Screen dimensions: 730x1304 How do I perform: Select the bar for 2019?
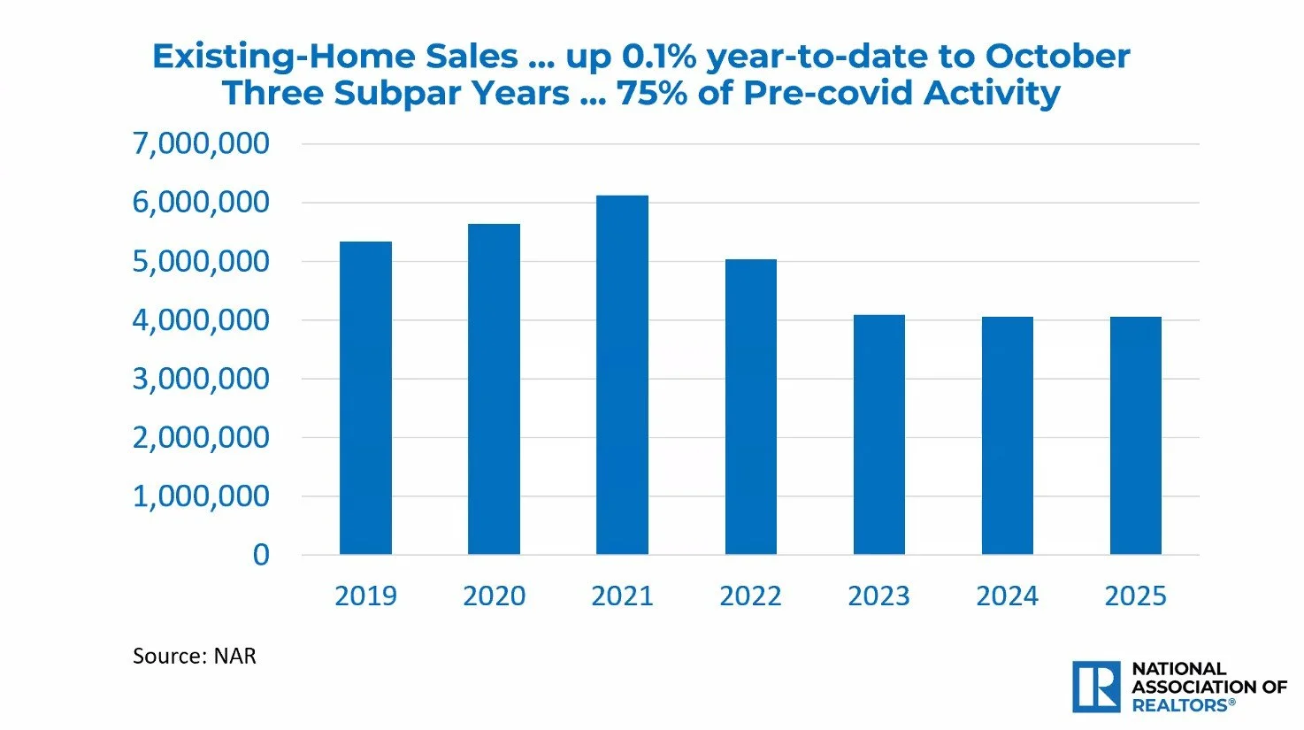365,398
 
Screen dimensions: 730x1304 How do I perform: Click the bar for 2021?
622,375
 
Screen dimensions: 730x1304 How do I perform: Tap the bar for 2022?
750,407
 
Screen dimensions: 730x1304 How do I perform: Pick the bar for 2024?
1007,435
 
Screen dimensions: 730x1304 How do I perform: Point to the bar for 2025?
1135,435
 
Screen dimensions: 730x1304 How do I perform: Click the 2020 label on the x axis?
494,596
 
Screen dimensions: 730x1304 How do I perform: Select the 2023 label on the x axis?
878,596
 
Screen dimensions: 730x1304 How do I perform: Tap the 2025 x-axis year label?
1135,596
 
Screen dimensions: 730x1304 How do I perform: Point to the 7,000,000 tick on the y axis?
201,143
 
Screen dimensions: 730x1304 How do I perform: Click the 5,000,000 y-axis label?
201,261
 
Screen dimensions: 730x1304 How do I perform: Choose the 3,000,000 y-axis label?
201,379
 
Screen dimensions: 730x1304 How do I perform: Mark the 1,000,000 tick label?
201,496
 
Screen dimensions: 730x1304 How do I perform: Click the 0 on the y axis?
261,555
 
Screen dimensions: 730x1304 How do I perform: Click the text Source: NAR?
194,657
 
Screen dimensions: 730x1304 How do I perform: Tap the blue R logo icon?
1096,687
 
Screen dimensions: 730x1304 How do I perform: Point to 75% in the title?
652,93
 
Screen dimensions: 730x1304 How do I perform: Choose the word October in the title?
1057,57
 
